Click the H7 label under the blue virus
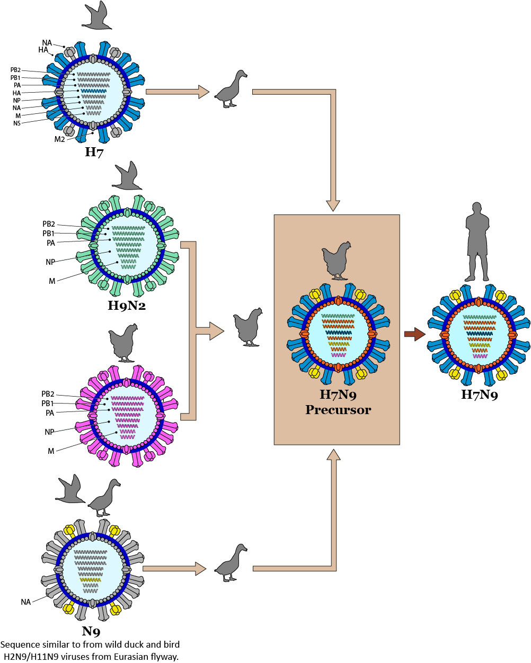tap(94, 153)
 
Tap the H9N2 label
tap(127, 306)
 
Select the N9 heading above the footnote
tap(91, 631)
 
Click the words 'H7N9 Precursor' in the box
tap(338, 402)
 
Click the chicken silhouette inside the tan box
tap(337, 260)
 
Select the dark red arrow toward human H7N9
tap(414, 334)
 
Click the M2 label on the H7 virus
tap(60, 140)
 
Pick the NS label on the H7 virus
tap(17, 123)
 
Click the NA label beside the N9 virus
tap(25, 602)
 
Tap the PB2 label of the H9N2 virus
tap(49, 224)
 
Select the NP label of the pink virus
tap(49, 432)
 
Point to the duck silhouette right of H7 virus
tap(231, 90)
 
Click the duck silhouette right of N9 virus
tap(231, 563)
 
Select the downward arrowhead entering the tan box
tap(333, 205)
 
